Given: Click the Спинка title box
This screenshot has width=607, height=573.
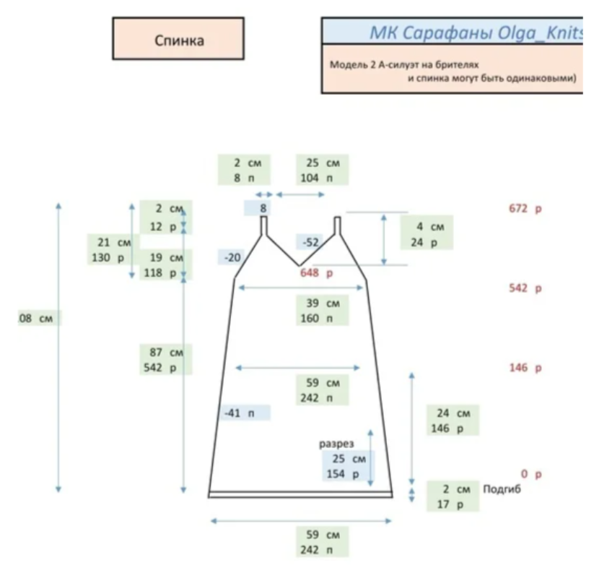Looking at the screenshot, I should click(178, 40).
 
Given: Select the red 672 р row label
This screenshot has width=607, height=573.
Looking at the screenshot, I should click(525, 210).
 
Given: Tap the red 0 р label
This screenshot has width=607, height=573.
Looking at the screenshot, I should click(530, 475).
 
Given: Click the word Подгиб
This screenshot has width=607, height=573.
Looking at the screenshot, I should click(502, 489).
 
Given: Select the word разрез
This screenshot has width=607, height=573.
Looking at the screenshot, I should click(336, 444).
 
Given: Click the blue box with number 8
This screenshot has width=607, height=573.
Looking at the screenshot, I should click(263, 209).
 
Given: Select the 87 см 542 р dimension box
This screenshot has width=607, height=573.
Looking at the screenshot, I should click(166, 360).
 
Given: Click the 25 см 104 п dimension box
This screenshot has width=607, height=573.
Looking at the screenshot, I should click(322, 171).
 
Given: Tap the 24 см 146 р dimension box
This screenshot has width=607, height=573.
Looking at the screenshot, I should click(453, 421).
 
